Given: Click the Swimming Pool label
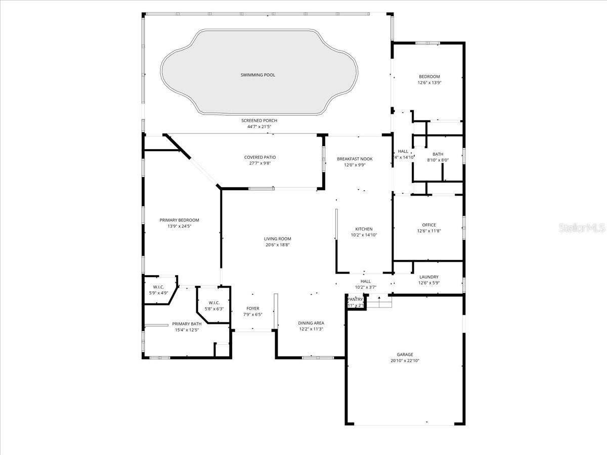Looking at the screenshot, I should pyautogui.click(x=258, y=75).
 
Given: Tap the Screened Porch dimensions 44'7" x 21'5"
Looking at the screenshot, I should pyautogui.click(x=258, y=126).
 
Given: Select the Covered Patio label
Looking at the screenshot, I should pyautogui.click(x=260, y=157).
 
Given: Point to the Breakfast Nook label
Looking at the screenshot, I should pyautogui.click(x=355, y=159).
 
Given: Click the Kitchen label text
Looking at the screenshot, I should pyautogui.click(x=364, y=229).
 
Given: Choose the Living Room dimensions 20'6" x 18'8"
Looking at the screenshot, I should pyautogui.click(x=277, y=245).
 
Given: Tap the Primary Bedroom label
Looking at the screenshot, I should pyautogui.click(x=179, y=220).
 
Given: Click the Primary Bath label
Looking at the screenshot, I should pyautogui.click(x=187, y=324).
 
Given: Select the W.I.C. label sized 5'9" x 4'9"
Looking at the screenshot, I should pyautogui.click(x=158, y=287).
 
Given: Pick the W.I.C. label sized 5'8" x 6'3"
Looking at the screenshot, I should pyautogui.click(x=213, y=303).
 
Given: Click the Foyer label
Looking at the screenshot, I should pyautogui.click(x=252, y=308).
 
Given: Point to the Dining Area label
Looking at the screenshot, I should pyautogui.click(x=311, y=323).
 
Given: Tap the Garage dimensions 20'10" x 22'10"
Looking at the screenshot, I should pyautogui.click(x=405, y=361).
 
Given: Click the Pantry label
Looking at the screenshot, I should pyautogui.click(x=355, y=299).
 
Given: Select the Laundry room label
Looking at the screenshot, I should pyautogui.click(x=428, y=277).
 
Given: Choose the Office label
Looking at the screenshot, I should pyautogui.click(x=428, y=225).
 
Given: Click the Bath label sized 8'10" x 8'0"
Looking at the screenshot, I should pyautogui.click(x=438, y=154).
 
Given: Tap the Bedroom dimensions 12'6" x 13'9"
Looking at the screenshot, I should pyautogui.click(x=429, y=83).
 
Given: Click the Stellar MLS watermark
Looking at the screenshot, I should pyautogui.click(x=582, y=228).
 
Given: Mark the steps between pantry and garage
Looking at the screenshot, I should pyautogui.click(x=379, y=301).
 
